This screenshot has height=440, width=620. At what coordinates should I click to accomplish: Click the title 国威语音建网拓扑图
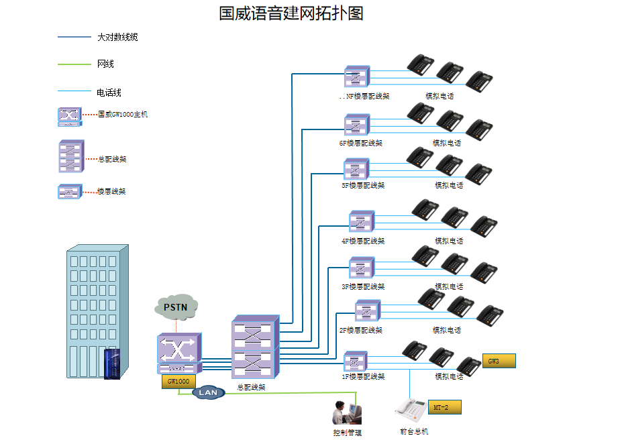291,13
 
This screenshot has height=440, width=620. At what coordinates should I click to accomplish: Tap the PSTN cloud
176,307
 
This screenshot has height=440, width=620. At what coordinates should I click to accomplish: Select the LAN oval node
209,392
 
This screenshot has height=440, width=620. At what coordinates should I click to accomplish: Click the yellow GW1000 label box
178,381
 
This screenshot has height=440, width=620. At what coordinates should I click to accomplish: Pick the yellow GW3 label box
499,361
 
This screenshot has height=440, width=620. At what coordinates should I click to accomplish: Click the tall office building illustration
97,313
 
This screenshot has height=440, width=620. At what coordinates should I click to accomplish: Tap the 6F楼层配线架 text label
361,143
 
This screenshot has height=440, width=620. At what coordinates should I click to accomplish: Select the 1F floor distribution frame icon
356,362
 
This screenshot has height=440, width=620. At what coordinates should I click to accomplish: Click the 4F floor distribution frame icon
361,221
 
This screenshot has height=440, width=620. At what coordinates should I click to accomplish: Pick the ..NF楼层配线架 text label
364,97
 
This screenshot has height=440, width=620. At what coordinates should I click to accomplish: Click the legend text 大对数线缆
117,38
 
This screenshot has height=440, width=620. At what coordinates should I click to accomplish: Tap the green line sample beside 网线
74,64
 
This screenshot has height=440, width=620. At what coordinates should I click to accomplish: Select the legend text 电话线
109,93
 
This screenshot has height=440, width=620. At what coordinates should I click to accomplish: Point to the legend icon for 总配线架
71,158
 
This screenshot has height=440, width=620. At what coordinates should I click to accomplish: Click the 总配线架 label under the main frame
252,387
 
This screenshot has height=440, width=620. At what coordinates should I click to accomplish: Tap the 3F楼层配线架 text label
363,286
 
